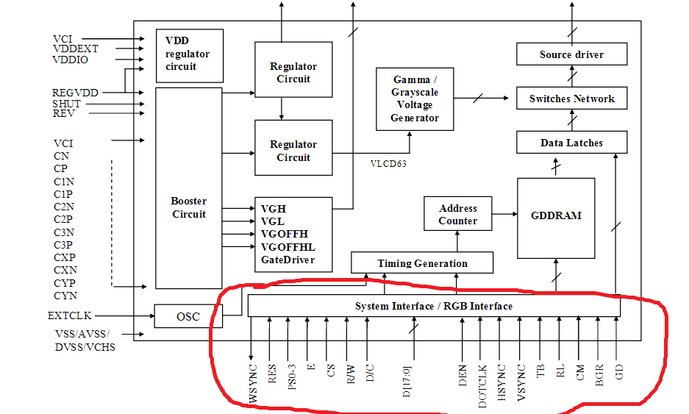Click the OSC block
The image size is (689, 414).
[x=188, y=316]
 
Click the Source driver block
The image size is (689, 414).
[x=571, y=54]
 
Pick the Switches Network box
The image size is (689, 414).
[x=571, y=99]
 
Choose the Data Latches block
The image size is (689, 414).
[x=571, y=143]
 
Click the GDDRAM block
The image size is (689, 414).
[x=556, y=215]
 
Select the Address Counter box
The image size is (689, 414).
[x=457, y=215]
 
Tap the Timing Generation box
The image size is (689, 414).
[x=422, y=263]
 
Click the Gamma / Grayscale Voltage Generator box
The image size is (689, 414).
[x=414, y=99]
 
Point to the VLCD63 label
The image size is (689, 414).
[x=388, y=164]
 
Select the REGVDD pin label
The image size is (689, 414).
[x=75, y=93]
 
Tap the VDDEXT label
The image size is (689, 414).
[x=75, y=49]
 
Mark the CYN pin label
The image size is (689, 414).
[x=65, y=296]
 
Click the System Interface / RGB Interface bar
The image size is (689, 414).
[x=434, y=306]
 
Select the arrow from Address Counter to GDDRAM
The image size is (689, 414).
[x=504, y=214]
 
